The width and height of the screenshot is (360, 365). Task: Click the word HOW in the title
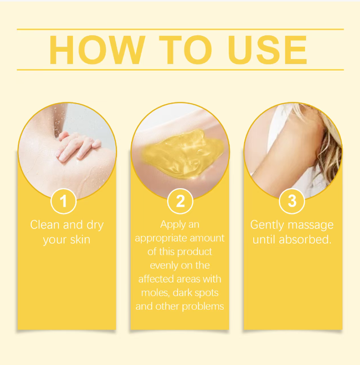click(x=97, y=50)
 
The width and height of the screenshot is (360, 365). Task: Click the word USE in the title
click(x=268, y=50)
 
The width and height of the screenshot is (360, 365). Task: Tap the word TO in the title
click(x=186, y=50)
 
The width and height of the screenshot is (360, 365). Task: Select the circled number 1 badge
click(x=64, y=201)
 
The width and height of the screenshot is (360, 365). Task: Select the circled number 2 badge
click(x=180, y=201)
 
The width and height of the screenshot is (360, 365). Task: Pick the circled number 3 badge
click(x=292, y=201)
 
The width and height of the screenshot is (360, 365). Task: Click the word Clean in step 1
click(x=45, y=225)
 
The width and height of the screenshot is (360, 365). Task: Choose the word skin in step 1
click(x=80, y=240)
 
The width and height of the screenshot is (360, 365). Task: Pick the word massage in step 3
click(x=311, y=226)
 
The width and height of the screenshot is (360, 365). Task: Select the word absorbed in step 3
click(x=305, y=240)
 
